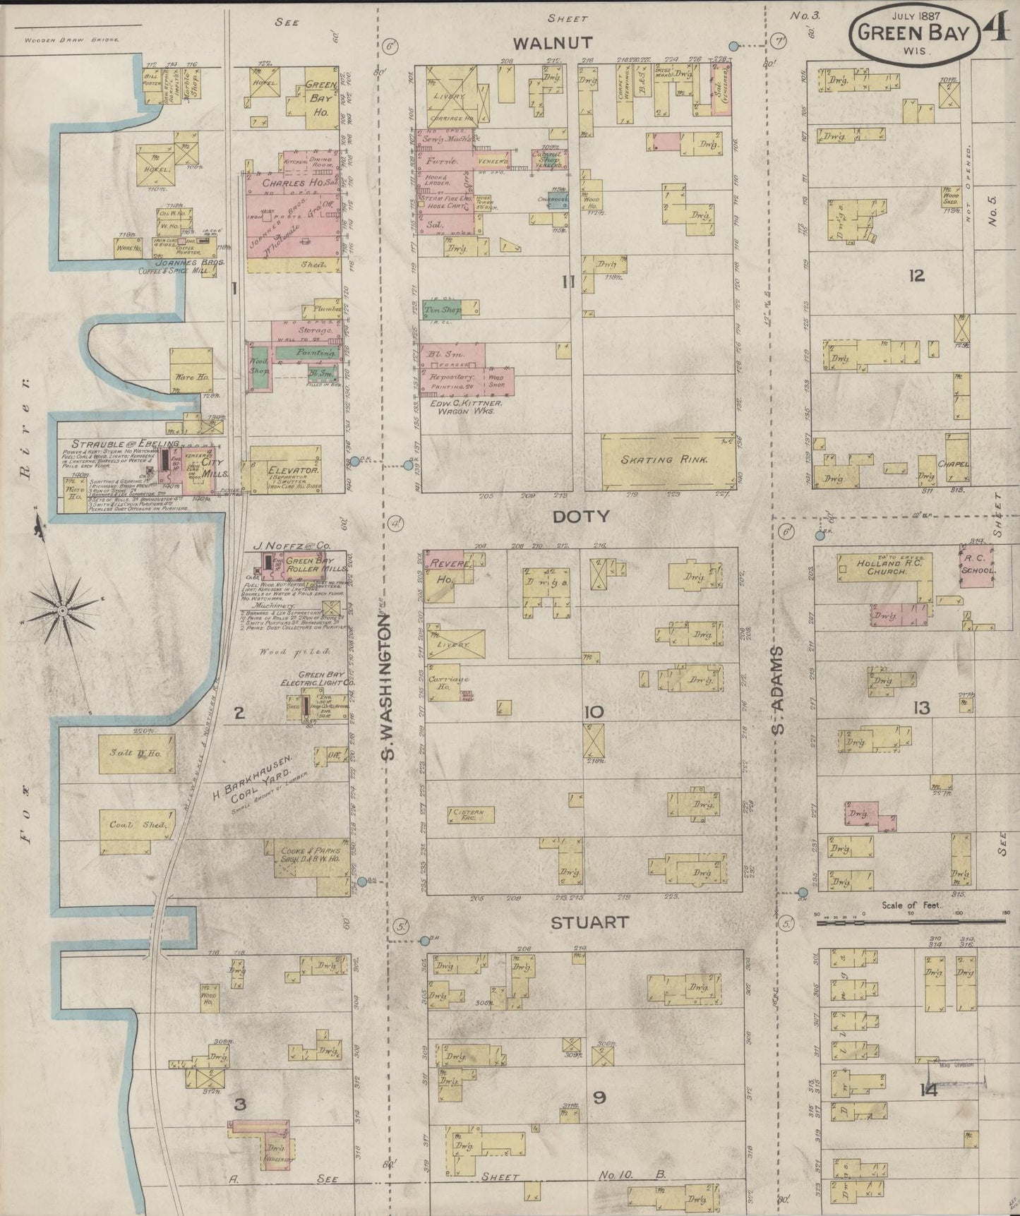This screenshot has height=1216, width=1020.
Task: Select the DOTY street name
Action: click(x=581, y=517)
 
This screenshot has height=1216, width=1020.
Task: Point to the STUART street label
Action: click(x=589, y=922)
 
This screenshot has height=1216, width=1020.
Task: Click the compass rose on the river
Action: click(x=62, y=610)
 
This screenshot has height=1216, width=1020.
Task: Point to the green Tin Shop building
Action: click(x=443, y=309)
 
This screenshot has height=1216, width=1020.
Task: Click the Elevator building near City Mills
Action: click(x=276, y=469)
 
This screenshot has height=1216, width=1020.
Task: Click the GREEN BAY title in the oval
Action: click(x=915, y=32)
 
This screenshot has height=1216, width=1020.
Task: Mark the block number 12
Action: click(x=916, y=276)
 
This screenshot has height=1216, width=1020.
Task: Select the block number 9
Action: click(x=599, y=1097)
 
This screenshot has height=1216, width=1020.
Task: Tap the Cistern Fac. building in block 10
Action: click(x=470, y=814)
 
